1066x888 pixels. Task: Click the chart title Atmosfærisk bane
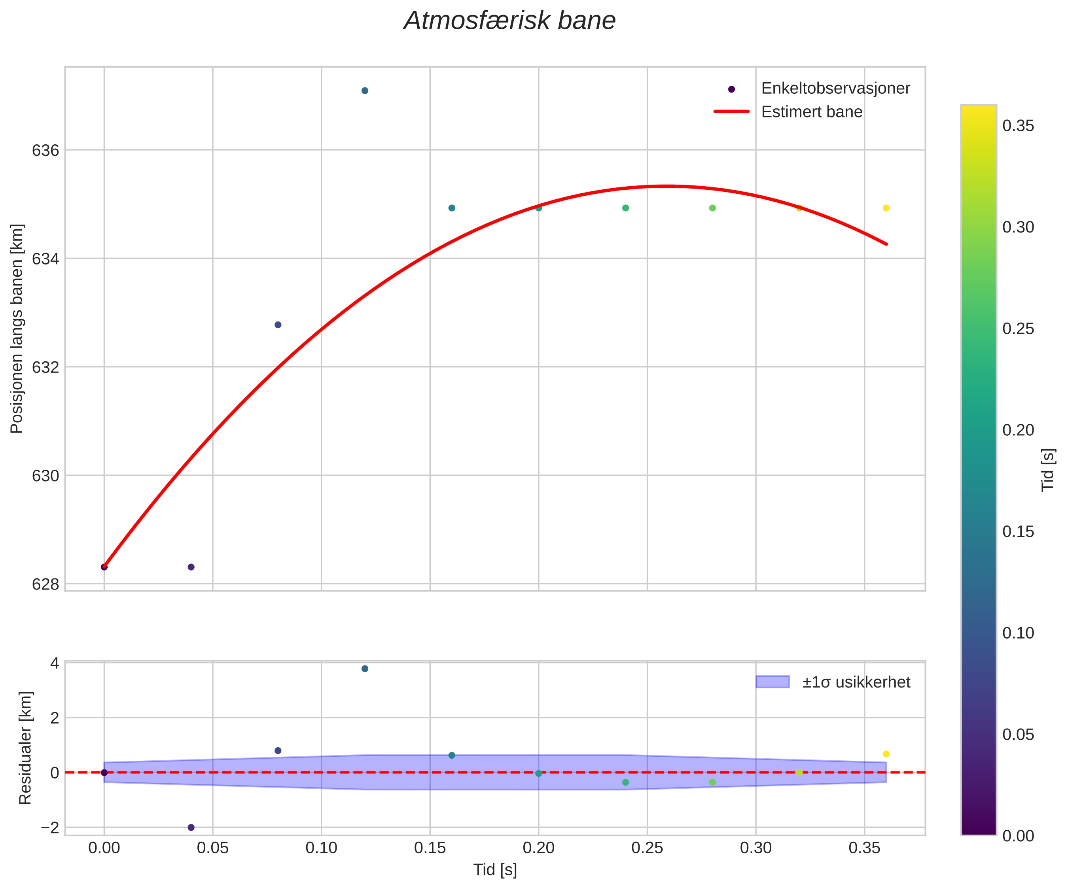pos(509,21)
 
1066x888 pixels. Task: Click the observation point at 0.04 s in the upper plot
pos(191,567)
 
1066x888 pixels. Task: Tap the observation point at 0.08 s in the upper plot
pos(278,325)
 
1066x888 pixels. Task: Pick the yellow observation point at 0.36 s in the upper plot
pos(886,208)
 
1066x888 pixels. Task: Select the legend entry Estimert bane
pos(811,111)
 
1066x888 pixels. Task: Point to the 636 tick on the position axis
pos(46,151)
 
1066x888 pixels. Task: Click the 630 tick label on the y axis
pos(46,476)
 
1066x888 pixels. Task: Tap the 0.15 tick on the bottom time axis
pos(430,847)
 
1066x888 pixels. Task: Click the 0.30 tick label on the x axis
pos(756,847)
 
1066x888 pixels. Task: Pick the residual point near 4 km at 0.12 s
pos(364,669)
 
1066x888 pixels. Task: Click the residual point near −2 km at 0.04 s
pos(191,828)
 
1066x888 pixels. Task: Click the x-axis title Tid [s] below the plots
pos(495,870)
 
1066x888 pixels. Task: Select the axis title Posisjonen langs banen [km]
pos(17,329)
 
